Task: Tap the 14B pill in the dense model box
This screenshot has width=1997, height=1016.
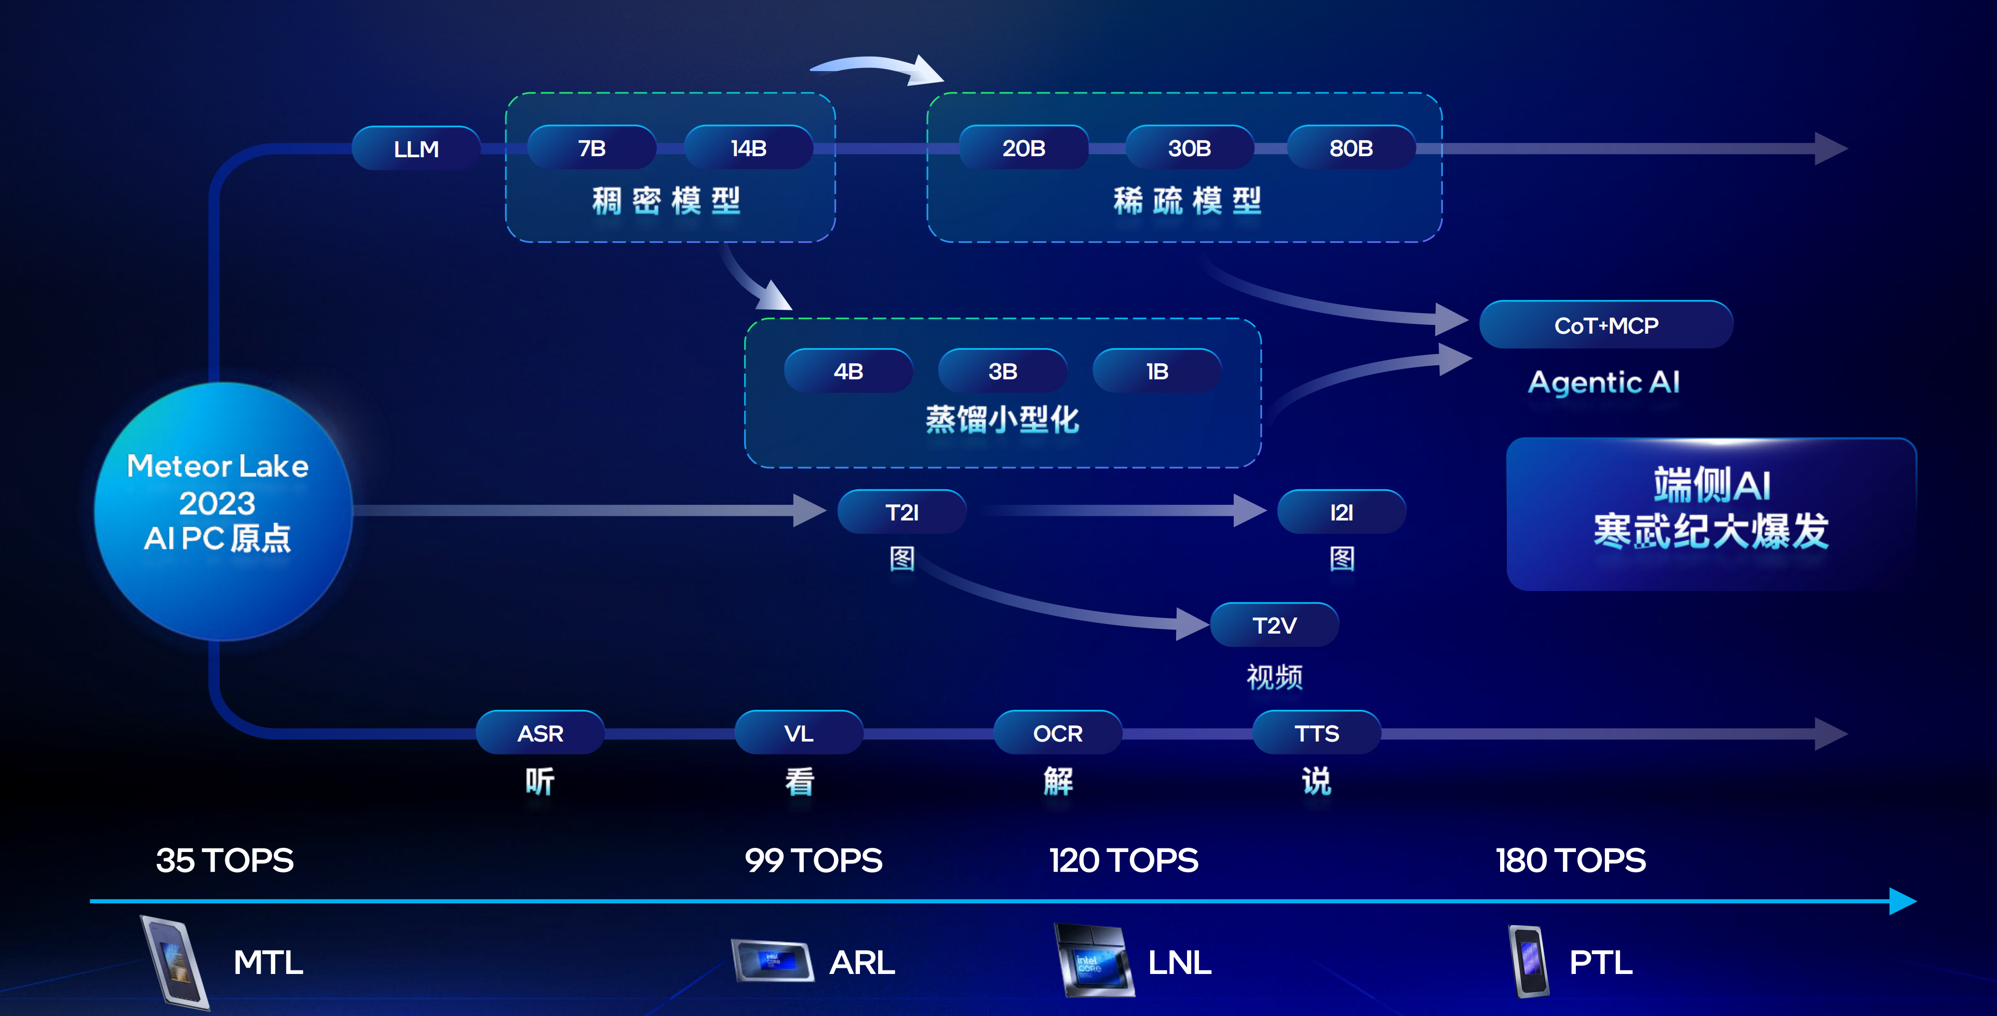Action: tap(749, 148)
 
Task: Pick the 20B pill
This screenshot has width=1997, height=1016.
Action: tap(1023, 148)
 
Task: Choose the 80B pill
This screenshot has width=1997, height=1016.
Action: tap(1351, 148)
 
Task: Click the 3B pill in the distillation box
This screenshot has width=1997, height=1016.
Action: tap(1002, 371)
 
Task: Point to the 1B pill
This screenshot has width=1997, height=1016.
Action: tap(1157, 371)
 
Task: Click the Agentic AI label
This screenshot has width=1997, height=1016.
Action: tap(1603, 382)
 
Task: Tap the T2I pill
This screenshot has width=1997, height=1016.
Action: tap(901, 512)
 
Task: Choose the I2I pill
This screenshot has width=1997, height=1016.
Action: tap(1341, 512)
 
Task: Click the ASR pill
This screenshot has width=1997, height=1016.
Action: tap(541, 733)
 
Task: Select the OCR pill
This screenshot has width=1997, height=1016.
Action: tap(1057, 733)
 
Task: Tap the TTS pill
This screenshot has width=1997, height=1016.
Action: tap(1316, 733)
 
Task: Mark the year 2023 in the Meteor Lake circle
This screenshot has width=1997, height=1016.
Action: tap(217, 503)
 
